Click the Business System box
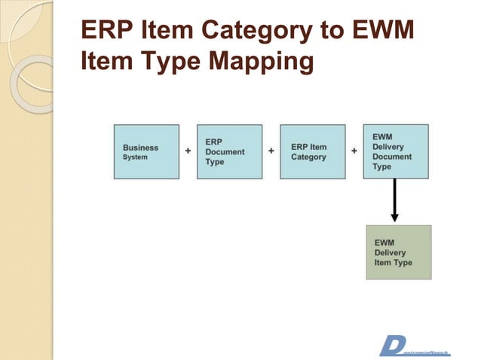pos(146,151)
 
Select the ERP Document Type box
pos(229,151)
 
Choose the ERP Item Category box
pos(312,151)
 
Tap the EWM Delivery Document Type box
pos(395,151)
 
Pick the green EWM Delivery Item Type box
pos(399,252)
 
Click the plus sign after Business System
pos(188,151)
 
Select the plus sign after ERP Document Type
pos(271,151)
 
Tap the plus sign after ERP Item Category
pos(354,151)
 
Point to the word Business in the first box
pos(141,148)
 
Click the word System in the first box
pos(136,157)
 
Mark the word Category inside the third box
pos(308,157)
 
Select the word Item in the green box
pos(382,263)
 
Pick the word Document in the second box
pos(225,151)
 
